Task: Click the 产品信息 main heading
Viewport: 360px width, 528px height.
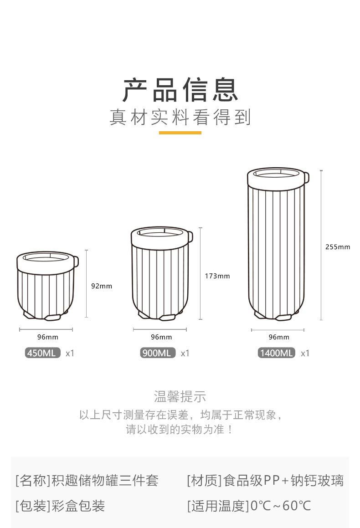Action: coord(180,90)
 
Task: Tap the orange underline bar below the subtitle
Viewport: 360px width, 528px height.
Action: coord(180,133)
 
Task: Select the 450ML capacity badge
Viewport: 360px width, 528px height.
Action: coord(43,353)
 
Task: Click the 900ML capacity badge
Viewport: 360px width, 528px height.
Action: coord(158,353)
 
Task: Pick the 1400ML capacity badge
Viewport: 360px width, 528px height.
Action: coord(277,353)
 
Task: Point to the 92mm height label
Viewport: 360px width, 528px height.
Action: coord(102,286)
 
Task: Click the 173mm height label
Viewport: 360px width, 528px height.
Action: coord(217,276)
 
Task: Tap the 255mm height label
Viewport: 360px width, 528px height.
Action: coord(338,247)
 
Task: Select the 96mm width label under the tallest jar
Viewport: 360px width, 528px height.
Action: coord(279,337)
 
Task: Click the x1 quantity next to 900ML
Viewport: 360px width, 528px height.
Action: coord(185,353)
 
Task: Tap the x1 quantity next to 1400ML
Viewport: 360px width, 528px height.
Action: coord(305,353)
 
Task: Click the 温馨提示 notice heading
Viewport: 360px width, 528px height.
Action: coord(180,396)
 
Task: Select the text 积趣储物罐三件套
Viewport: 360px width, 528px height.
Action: coord(105,480)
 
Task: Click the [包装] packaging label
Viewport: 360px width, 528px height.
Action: coord(32,506)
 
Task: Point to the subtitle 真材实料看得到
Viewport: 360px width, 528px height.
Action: coord(180,117)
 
